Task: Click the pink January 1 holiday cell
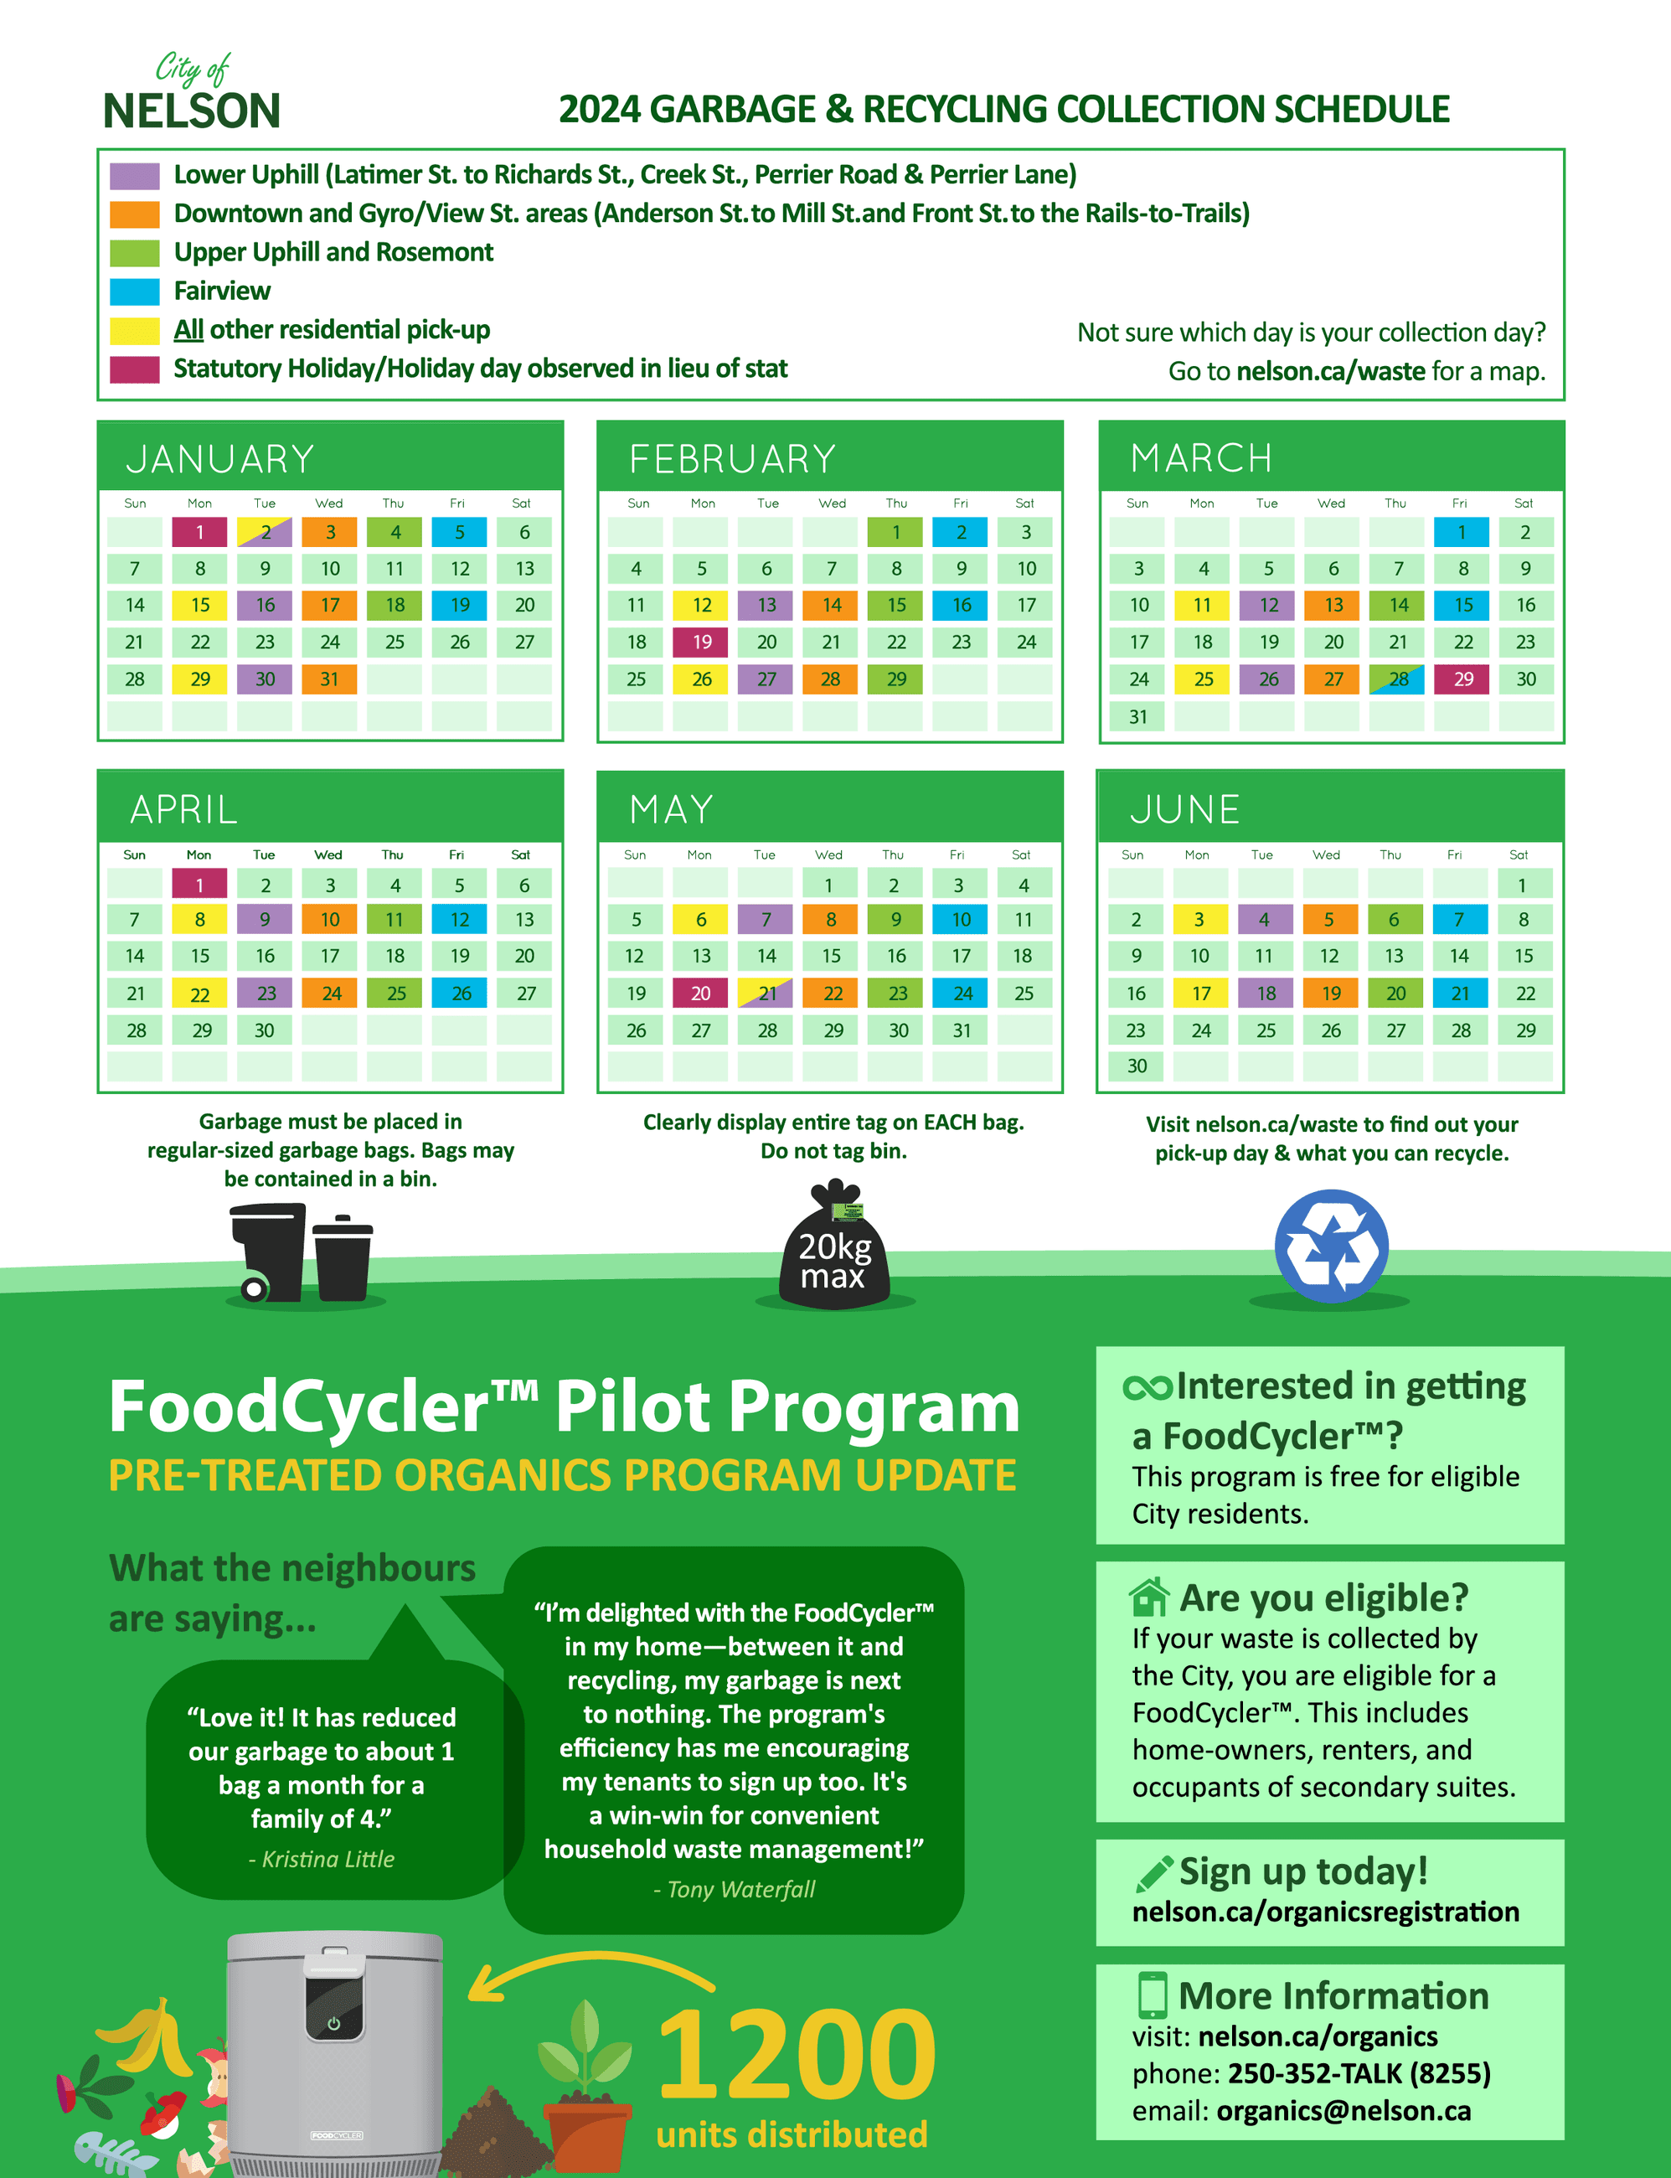[199, 532]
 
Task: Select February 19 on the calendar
[702, 643]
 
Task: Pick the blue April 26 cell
[461, 993]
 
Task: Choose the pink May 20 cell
[700, 993]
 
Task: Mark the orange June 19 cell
[1330, 993]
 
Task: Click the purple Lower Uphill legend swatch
[134, 176]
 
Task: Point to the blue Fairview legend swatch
[134, 292]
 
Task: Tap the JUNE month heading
[1184, 809]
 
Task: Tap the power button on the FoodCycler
[333, 2023]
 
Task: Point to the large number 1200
[796, 2052]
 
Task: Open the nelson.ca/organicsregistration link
[1325, 1912]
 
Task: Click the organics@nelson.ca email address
[1343, 2110]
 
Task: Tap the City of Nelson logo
[192, 95]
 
